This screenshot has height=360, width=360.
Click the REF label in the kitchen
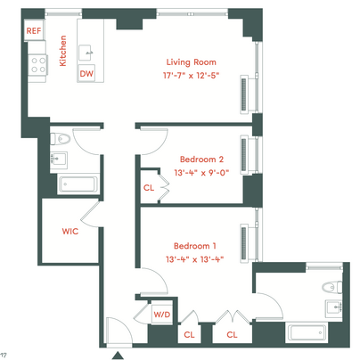point(34,30)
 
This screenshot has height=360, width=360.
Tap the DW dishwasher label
point(86,73)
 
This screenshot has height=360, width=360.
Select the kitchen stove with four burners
point(38,65)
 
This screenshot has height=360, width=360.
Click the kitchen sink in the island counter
point(86,53)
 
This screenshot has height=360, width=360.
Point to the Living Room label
point(191,62)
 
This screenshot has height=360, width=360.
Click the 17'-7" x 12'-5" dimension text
point(191,76)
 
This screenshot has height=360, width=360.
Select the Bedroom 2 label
point(201,160)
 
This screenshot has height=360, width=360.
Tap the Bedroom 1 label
point(195,246)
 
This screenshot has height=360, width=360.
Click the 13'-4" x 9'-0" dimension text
point(201,173)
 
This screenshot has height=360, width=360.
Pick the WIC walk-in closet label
point(70,231)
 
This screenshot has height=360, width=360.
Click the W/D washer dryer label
point(162,315)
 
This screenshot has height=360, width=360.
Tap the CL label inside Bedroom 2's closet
point(149,188)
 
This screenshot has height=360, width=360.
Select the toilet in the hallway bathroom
point(61,139)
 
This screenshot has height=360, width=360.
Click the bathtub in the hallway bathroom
point(78,184)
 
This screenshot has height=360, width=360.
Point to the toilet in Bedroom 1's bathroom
point(332,288)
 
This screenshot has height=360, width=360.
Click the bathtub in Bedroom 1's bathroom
point(307,331)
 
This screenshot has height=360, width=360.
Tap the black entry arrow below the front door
point(118,356)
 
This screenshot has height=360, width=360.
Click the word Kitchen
point(63,51)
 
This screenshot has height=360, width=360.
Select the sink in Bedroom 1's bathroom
point(334,307)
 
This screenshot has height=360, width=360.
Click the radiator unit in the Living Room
point(244,94)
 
